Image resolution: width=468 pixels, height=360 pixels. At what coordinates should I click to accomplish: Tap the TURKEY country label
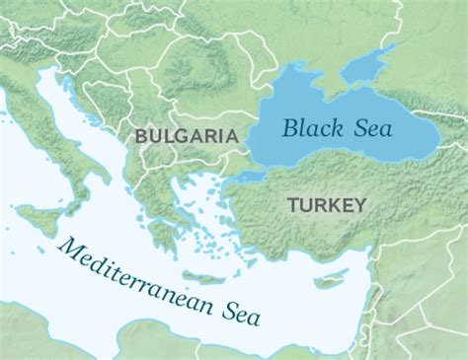coord(327,205)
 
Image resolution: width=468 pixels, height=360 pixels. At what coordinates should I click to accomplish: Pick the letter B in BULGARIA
coord(140,134)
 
